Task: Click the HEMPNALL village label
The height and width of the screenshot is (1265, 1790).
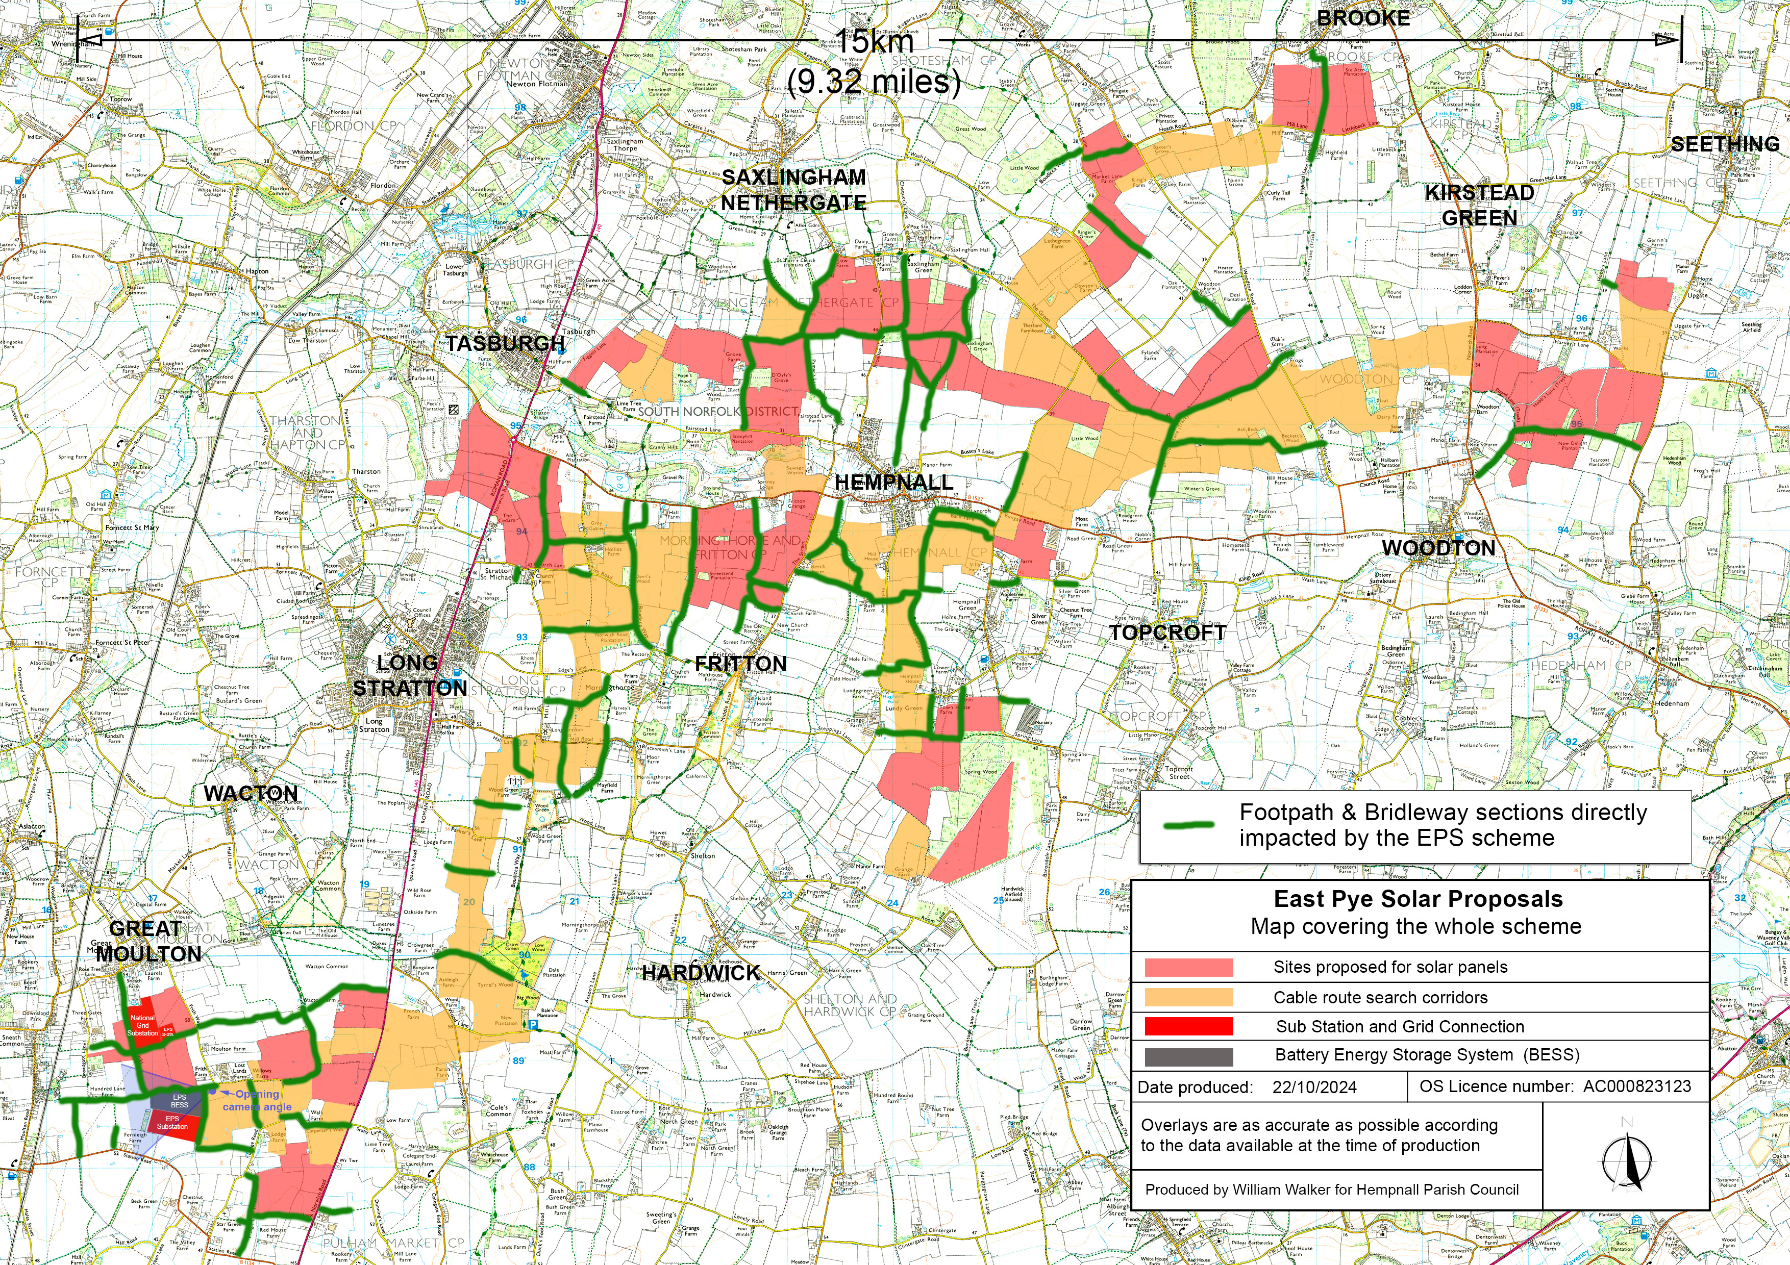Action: (x=893, y=483)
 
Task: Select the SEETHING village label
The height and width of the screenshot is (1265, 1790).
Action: (x=1725, y=144)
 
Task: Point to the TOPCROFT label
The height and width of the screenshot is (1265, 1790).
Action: (x=1167, y=633)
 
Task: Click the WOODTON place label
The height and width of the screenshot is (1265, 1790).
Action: (x=1438, y=548)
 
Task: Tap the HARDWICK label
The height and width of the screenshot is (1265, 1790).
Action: (x=701, y=973)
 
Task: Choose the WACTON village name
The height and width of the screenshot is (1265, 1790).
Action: (x=250, y=794)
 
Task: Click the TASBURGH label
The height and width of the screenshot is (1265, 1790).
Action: (x=505, y=343)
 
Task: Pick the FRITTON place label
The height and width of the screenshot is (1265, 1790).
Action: (x=740, y=664)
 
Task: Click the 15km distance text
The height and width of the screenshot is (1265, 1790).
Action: (x=875, y=41)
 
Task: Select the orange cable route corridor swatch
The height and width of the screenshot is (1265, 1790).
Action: (x=1188, y=997)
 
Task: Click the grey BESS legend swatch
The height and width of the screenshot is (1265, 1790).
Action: (x=1188, y=1056)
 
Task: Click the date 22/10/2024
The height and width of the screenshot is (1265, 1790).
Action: (x=1314, y=1087)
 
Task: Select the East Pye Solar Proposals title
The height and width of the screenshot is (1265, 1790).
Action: (x=1418, y=899)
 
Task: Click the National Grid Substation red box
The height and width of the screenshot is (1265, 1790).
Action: (x=143, y=1025)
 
